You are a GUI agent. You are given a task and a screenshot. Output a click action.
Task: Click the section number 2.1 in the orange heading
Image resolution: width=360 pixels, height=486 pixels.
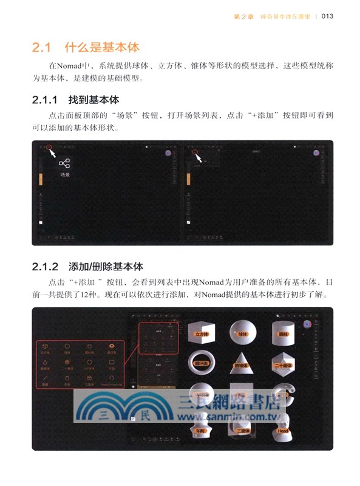click(43, 47)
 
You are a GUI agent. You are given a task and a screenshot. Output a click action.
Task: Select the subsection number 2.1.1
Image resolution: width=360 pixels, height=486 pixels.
click(45, 100)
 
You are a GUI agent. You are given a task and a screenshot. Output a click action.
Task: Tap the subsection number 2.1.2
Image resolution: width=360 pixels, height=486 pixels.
click(45, 267)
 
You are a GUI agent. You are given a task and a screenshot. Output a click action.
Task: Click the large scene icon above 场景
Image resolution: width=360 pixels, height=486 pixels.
click(64, 163)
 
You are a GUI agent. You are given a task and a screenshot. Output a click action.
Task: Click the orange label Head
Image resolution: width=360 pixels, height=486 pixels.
click(283, 431)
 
